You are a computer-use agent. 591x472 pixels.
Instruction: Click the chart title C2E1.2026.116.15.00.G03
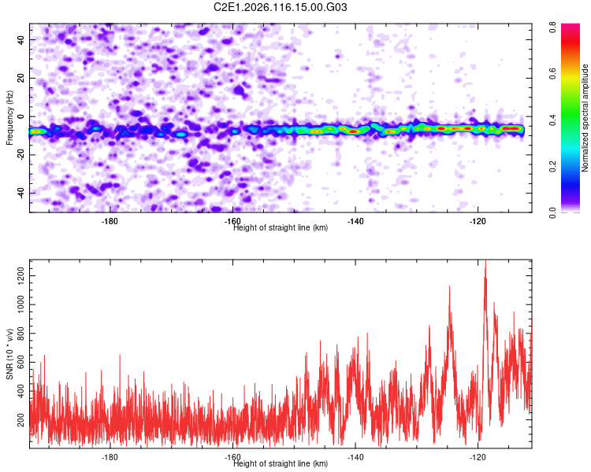(x=281, y=7)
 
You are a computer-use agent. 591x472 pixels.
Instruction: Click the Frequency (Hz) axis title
(x=9, y=118)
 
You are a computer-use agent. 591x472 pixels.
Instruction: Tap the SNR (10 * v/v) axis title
(x=9, y=354)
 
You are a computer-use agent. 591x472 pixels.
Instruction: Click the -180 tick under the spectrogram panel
(x=110, y=221)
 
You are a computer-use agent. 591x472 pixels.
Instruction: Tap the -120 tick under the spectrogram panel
(x=478, y=221)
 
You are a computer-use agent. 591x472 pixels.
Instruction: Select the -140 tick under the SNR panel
(x=355, y=457)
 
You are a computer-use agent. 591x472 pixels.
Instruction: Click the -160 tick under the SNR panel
(x=232, y=457)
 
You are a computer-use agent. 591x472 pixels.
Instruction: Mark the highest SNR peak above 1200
(x=485, y=261)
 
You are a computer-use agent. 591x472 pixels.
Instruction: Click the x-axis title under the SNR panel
(x=281, y=463)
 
